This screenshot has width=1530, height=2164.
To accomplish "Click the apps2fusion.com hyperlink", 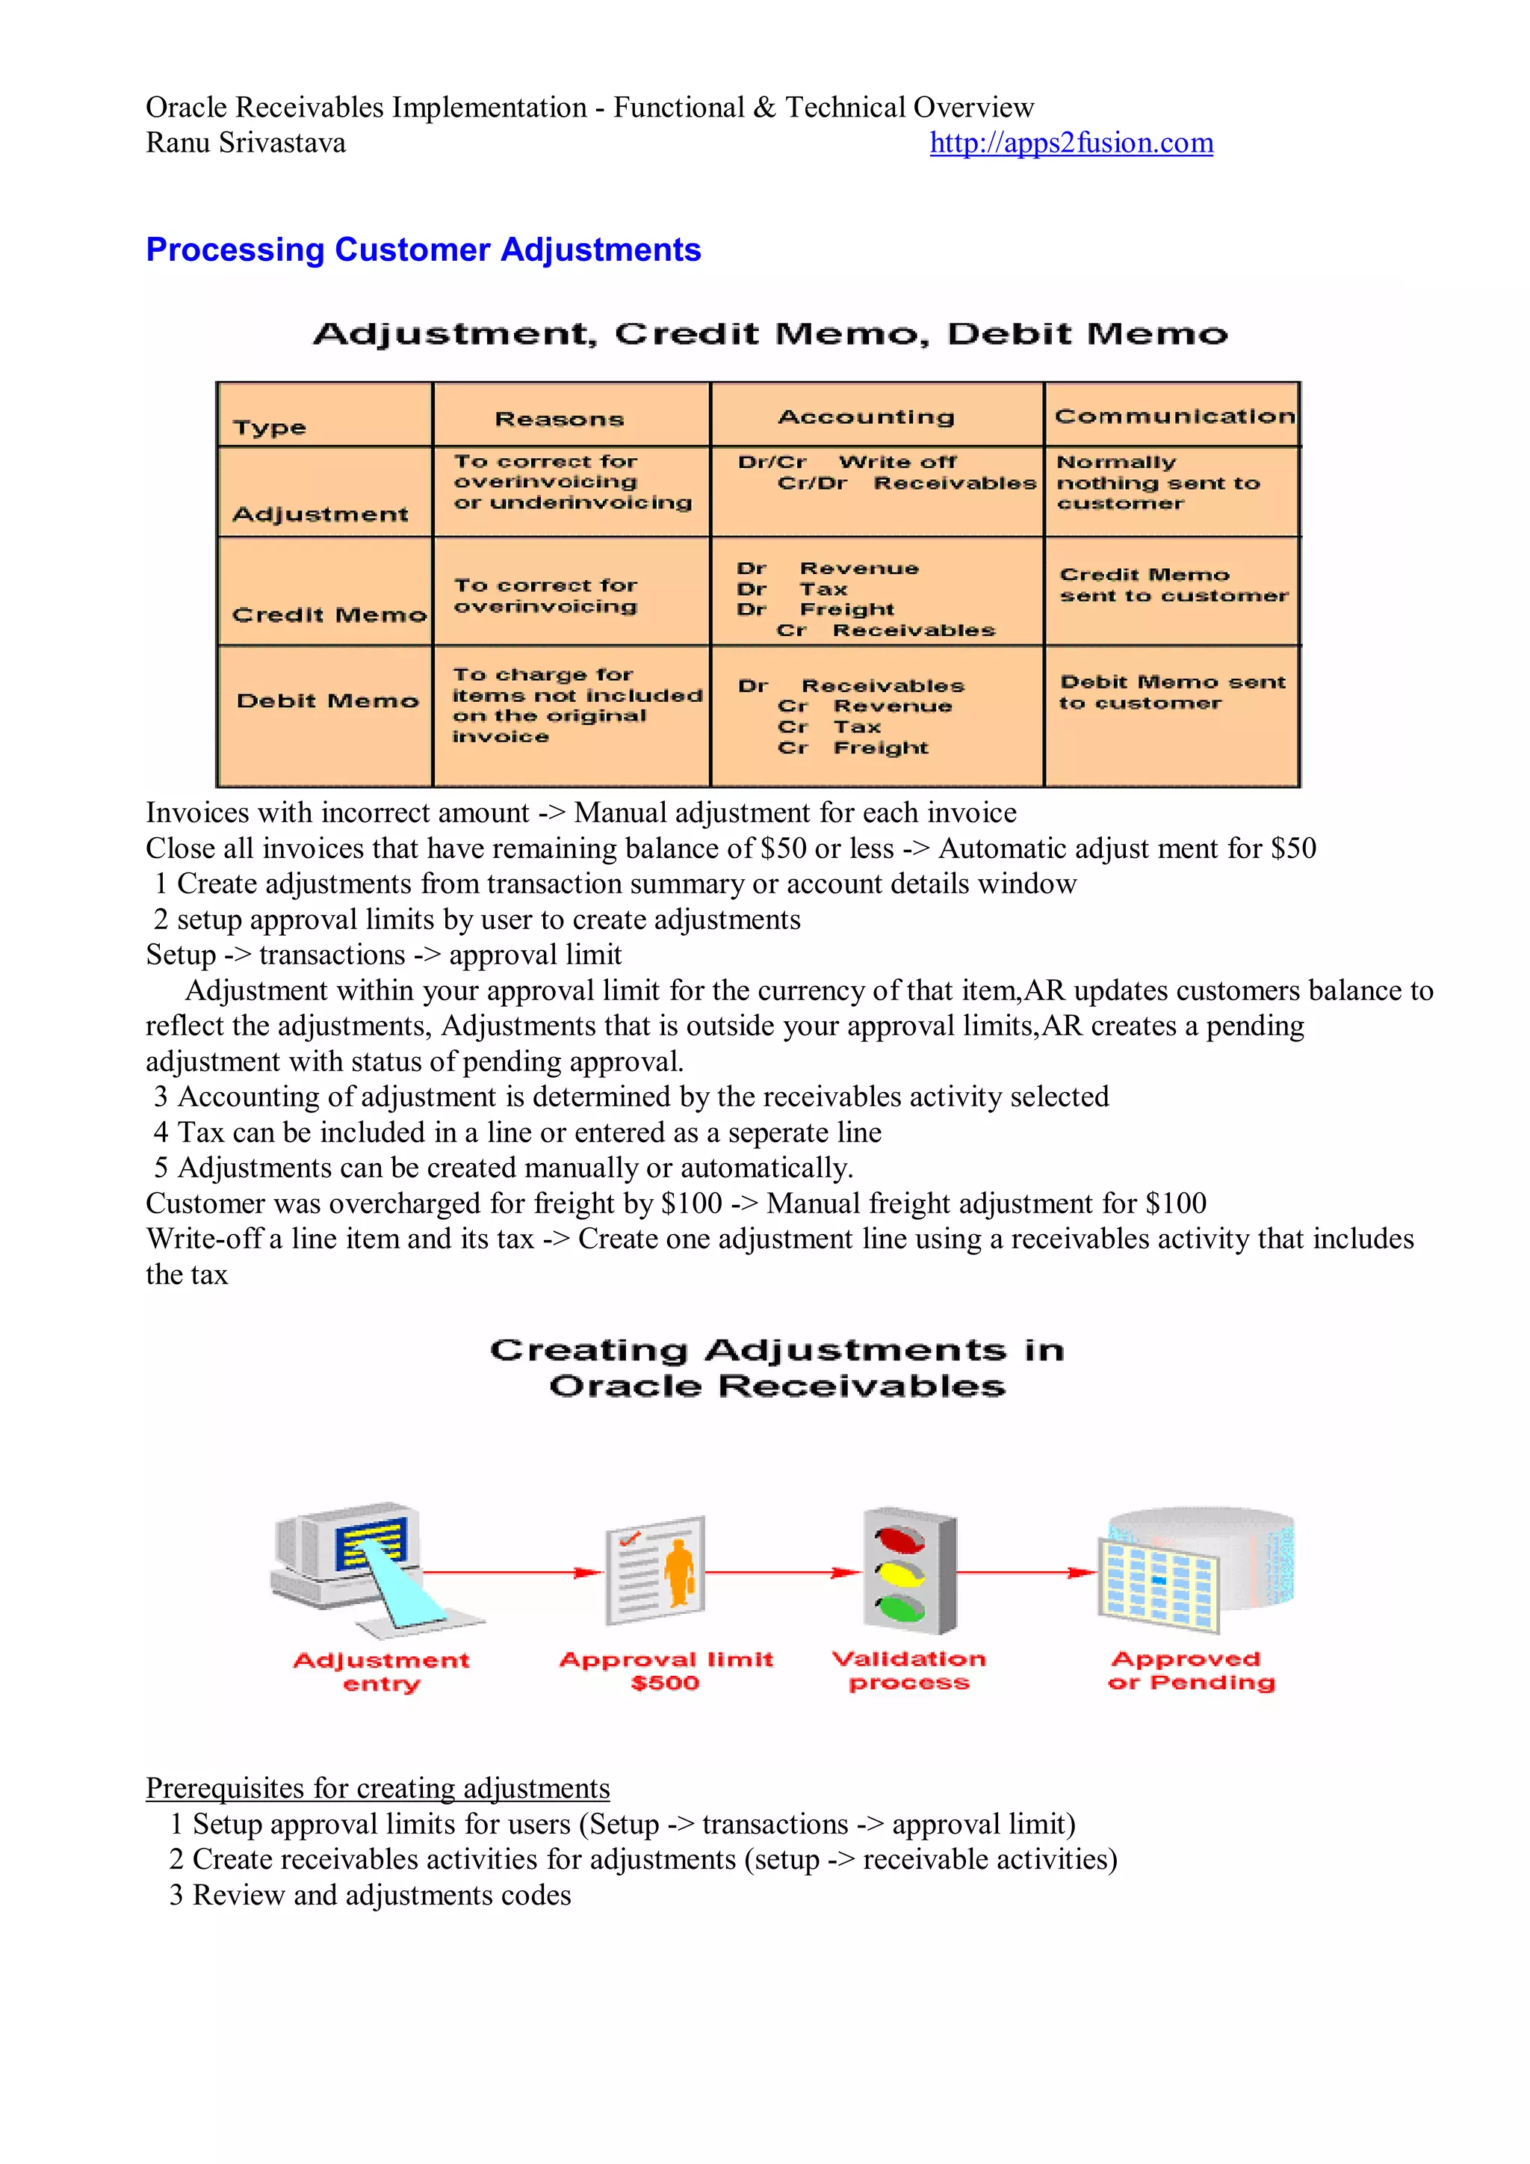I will [1071, 144].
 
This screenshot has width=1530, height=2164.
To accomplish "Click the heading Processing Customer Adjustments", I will [423, 250].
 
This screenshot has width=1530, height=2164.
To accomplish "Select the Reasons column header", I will [560, 419].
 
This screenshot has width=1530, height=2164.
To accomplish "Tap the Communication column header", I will [1174, 416].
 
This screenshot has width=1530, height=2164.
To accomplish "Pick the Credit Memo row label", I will [329, 614].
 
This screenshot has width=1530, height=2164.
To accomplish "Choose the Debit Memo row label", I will [327, 700].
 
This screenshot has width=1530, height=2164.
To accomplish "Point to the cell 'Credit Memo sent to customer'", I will [1173, 585].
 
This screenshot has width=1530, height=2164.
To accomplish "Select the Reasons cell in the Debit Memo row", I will [574, 705].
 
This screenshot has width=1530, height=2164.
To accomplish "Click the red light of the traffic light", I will [899, 1540].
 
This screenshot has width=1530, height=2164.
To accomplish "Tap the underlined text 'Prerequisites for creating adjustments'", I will [378, 1788].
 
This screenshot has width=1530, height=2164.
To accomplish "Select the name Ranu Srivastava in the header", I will [245, 144].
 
